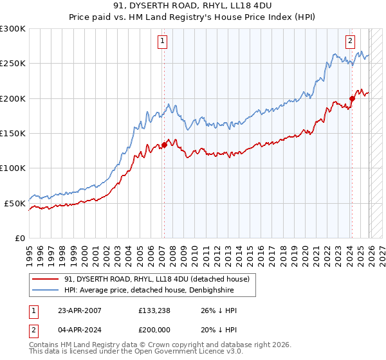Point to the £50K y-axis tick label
click(15, 203)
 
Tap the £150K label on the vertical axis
click(13, 133)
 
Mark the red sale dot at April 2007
click(164, 145)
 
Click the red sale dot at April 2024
click(352, 98)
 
